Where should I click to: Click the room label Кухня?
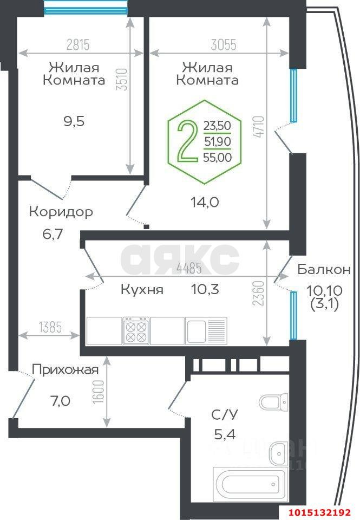click(142, 289)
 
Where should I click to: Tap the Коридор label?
click(61, 211)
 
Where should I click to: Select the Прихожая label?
click(65, 370)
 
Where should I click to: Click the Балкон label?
click(324, 269)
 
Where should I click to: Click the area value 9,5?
click(74, 121)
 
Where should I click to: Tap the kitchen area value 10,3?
click(205, 289)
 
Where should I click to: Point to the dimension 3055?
click(220, 45)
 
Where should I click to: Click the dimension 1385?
click(49, 327)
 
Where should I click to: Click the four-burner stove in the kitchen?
click(135, 330)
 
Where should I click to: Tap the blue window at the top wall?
click(86, 8)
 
